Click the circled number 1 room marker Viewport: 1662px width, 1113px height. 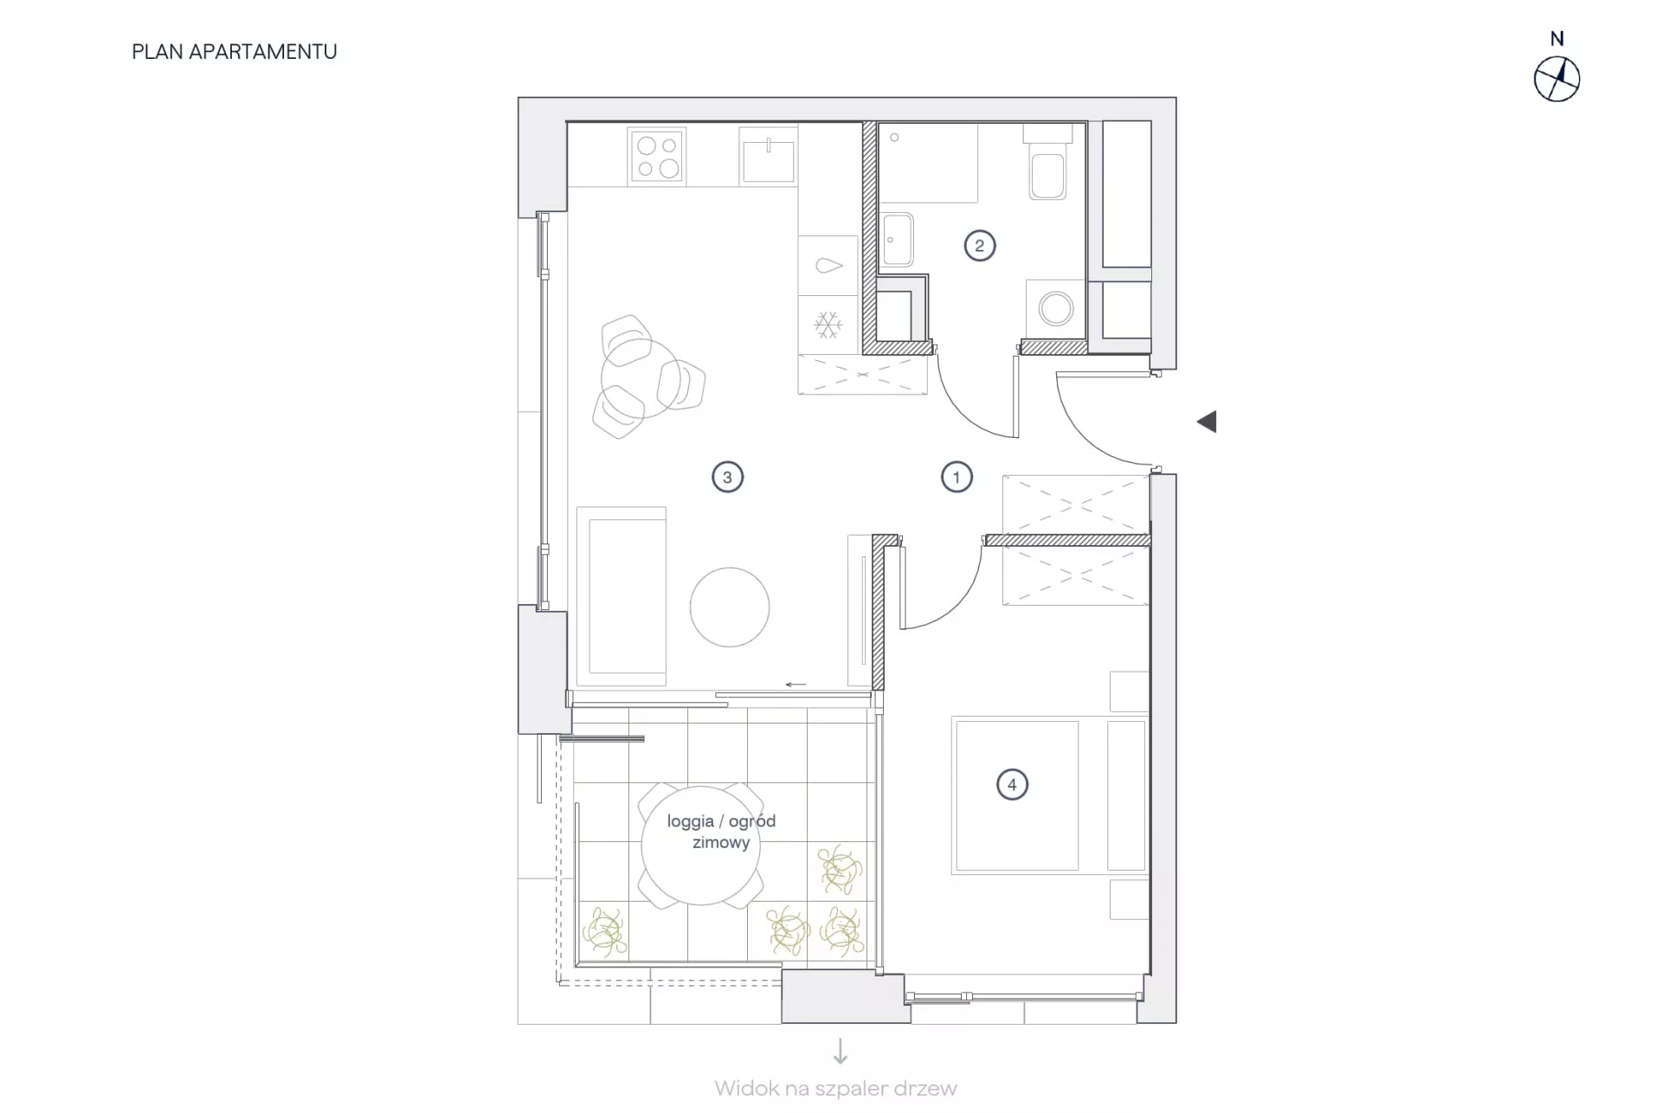click(x=957, y=477)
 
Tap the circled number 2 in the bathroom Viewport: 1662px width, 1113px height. click(x=980, y=246)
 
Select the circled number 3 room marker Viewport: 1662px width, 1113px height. click(x=727, y=477)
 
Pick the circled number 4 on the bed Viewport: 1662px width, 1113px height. click(x=1012, y=785)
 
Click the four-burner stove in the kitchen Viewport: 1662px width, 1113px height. click(x=658, y=157)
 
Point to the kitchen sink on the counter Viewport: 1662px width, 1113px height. click(x=769, y=157)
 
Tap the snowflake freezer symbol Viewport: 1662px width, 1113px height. click(x=828, y=325)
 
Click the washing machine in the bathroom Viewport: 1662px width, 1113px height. click(x=1056, y=309)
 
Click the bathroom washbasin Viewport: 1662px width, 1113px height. click(x=897, y=240)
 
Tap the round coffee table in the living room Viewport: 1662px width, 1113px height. click(x=730, y=608)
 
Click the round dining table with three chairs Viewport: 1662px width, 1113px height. click(x=641, y=378)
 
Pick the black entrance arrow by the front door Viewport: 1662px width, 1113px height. click(x=1207, y=421)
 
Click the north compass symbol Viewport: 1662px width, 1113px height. click(x=1557, y=80)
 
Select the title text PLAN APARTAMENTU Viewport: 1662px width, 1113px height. click(x=235, y=52)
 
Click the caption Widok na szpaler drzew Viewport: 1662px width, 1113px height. click(x=836, y=1089)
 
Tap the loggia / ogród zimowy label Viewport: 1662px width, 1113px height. click(x=721, y=832)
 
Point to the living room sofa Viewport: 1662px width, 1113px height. click(x=622, y=596)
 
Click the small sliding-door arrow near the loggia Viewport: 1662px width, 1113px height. click(x=796, y=685)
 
